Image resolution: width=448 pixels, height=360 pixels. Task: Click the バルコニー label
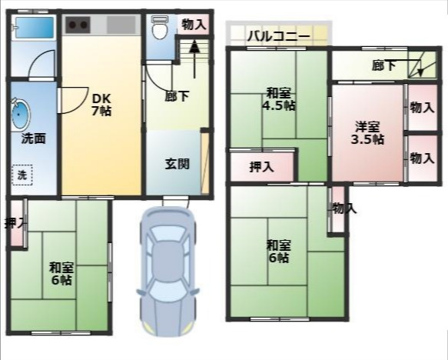coord(278,35)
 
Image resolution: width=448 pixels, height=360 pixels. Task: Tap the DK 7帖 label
coord(101,105)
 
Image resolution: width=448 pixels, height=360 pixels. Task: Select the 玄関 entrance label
coord(177,163)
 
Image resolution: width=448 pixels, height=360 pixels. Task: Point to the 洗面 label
coord(33,139)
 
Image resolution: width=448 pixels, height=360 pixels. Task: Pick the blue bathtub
coord(33,29)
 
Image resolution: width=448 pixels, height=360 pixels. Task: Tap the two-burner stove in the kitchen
coord(78,25)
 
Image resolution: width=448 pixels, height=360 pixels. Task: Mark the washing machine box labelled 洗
coord(22,175)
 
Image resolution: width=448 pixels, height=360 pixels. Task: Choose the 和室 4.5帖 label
coord(278,98)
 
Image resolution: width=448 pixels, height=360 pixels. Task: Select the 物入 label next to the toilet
coord(193,25)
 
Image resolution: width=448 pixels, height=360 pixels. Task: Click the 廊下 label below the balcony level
coord(383,66)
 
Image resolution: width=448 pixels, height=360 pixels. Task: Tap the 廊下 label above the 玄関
coord(177,97)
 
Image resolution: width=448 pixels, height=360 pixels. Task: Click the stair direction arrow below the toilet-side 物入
coord(194,48)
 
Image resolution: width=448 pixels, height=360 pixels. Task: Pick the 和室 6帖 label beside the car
coord(61,274)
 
